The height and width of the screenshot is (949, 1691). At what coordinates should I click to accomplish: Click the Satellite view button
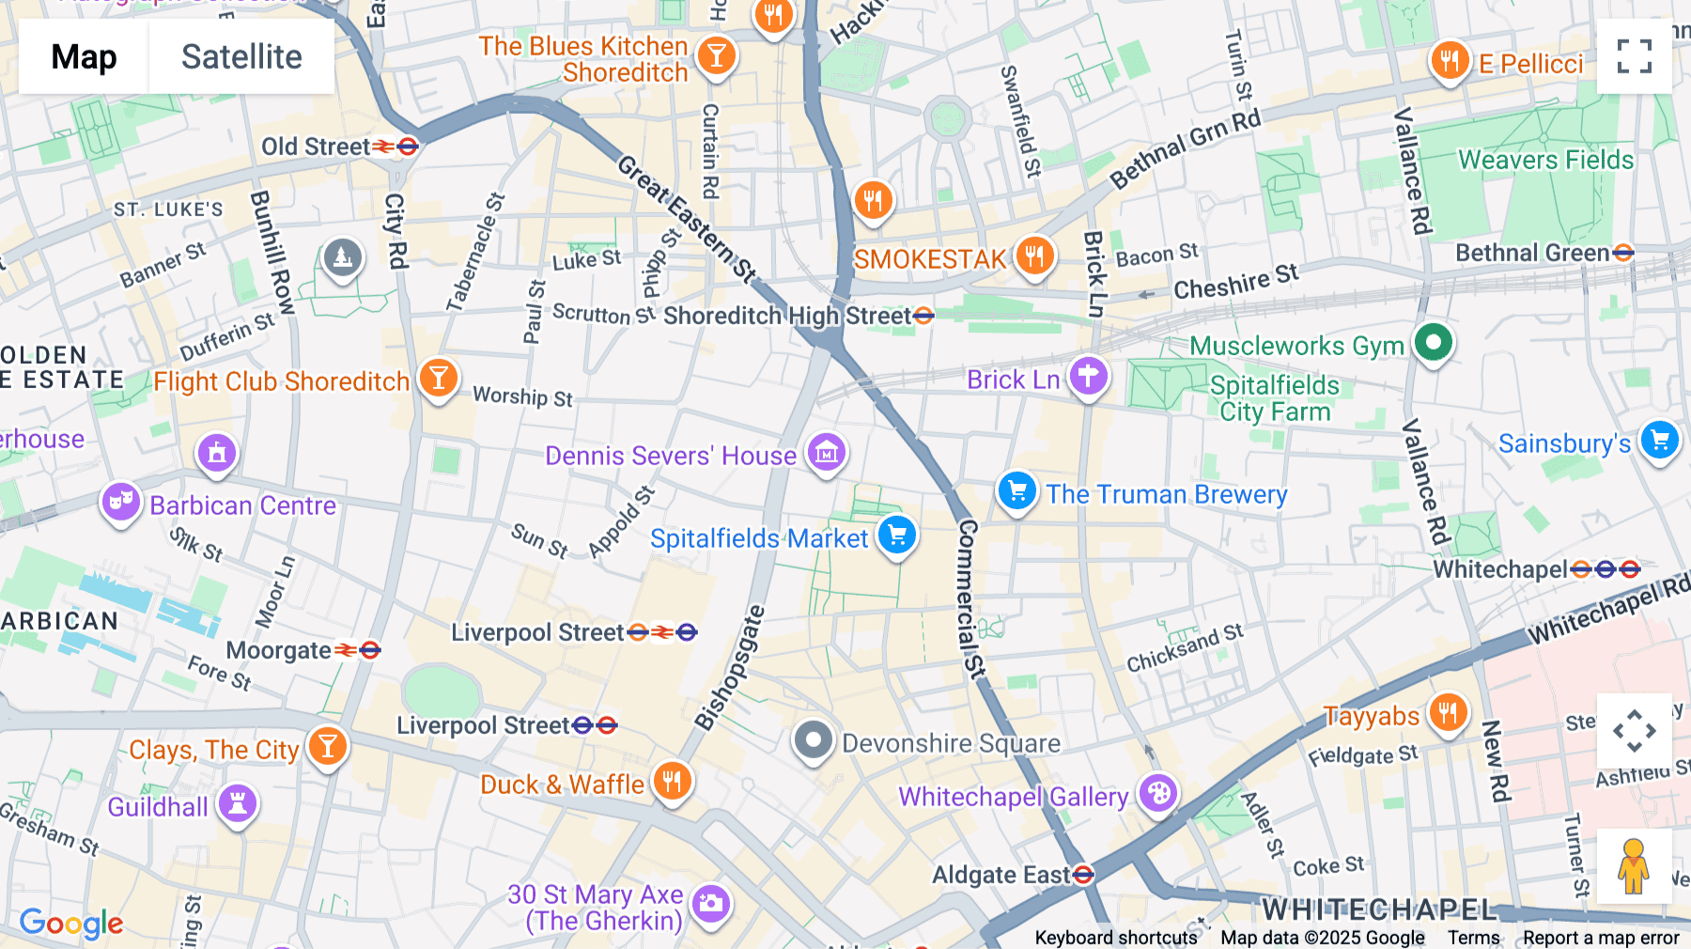[x=241, y=56]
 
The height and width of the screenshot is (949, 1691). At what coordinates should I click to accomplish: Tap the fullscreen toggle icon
[x=1634, y=56]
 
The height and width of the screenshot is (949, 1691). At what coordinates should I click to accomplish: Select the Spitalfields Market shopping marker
[x=897, y=536]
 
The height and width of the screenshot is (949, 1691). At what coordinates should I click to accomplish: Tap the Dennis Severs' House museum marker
[x=827, y=453]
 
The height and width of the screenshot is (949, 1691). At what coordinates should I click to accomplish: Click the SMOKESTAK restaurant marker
[x=1034, y=255]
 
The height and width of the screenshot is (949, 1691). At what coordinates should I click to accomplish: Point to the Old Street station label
[x=316, y=147]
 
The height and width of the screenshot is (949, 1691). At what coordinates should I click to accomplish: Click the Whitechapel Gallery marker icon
[x=1158, y=793]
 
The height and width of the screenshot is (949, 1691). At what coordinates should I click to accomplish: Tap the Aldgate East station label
[x=1001, y=875]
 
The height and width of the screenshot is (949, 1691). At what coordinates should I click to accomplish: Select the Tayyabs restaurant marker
[x=1448, y=713]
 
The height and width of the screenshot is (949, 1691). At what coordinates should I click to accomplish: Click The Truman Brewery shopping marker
[x=1016, y=490]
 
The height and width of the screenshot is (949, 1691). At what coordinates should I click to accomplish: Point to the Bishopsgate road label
[x=730, y=668]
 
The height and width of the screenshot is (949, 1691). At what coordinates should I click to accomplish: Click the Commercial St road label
[x=970, y=599]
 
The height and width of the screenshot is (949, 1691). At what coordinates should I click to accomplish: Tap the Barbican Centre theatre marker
[x=121, y=502]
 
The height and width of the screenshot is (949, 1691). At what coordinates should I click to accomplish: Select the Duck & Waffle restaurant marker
[x=672, y=780]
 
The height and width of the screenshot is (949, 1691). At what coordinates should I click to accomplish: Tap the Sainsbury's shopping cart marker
[x=1659, y=440]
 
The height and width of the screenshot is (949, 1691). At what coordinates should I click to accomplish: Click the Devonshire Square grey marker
[x=814, y=740]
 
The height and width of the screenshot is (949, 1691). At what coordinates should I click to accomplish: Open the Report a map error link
[x=1601, y=938]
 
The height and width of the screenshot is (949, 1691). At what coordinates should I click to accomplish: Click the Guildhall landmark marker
[x=238, y=804]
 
